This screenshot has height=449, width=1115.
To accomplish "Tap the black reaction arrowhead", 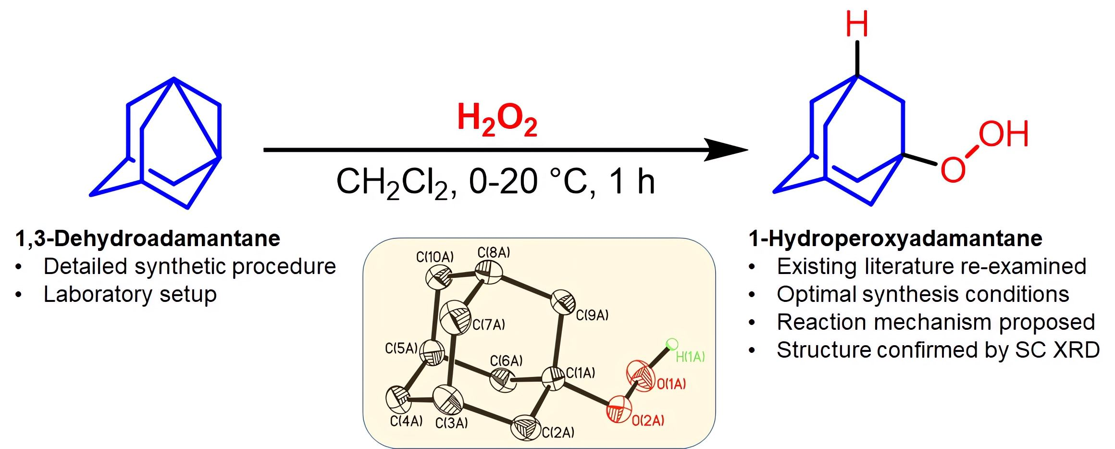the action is (x=726, y=150).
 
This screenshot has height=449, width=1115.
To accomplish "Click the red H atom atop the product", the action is (x=857, y=25).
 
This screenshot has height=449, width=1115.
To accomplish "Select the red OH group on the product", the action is (x=1003, y=134).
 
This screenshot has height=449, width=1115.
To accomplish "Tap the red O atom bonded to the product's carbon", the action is (x=953, y=170).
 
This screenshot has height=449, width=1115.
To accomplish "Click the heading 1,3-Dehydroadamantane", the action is (x=148, y=239).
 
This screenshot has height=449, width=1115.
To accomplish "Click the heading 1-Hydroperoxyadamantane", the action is (x=895, y=239).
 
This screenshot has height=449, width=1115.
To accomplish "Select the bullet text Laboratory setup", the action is (x=130, y=294).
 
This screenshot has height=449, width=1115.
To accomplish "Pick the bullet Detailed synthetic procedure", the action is (x=189, y=266).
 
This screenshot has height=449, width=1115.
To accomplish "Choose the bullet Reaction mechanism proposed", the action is (x=936, y=322).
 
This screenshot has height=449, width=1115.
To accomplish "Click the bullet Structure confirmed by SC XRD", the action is (x=938, y=350).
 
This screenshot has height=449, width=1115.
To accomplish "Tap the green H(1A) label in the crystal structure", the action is (x=690, y=357).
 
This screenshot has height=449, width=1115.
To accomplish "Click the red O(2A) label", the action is (x=648, y=421).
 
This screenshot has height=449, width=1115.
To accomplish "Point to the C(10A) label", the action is (x=435, y=257).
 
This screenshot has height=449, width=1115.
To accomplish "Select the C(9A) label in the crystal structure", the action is (x=592, y=315).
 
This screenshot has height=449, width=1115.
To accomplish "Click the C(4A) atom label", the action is (x=407, y=422).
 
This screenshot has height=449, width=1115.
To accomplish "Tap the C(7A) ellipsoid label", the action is (x=489, y=325).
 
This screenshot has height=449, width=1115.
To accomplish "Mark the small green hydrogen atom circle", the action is (x=672, y=344).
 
